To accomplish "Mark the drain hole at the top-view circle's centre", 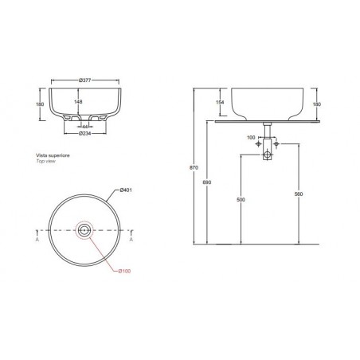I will click(84, 232).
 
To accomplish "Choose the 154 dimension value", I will click(220, 103).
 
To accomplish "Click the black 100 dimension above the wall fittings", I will click(252, 137).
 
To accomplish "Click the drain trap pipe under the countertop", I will click(268, 143).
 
